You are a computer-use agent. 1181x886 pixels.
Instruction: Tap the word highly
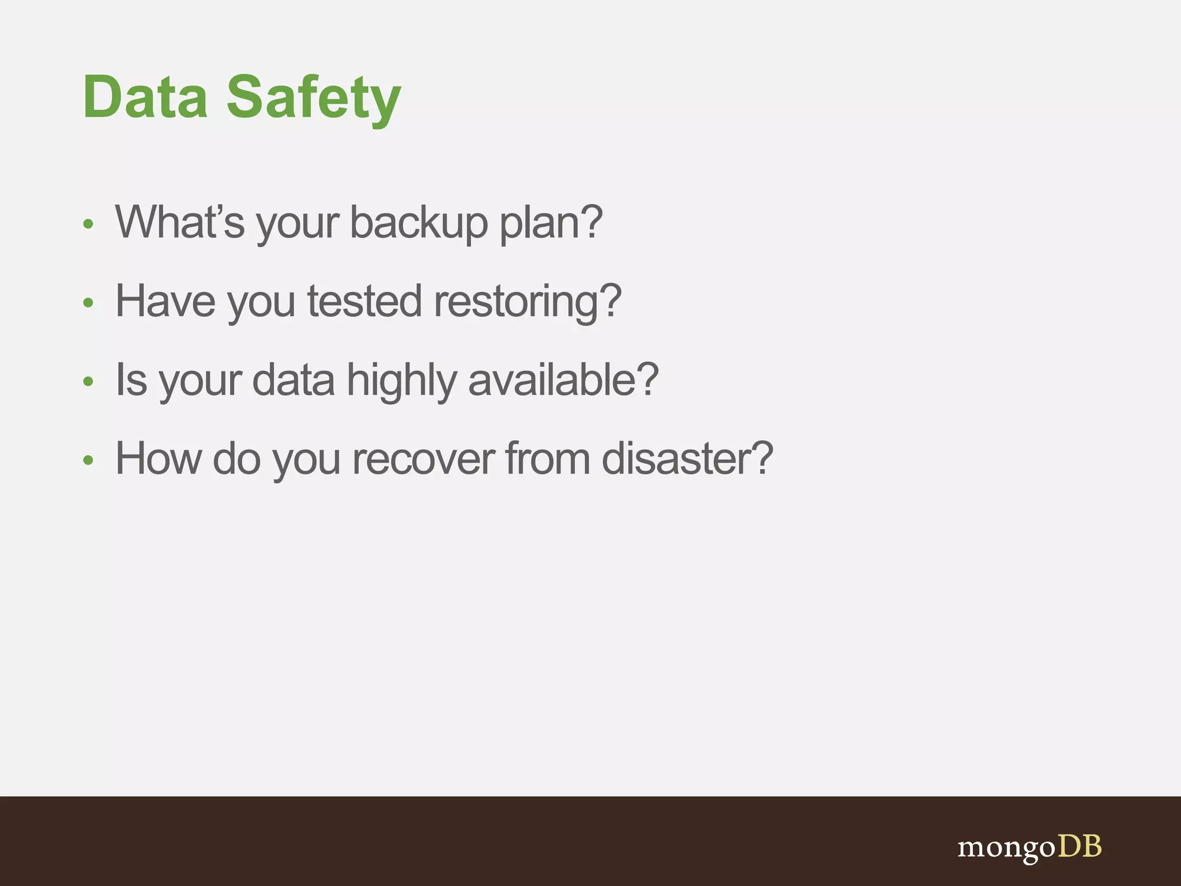(402, 381)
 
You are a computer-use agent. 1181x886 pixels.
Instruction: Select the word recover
(423, 459)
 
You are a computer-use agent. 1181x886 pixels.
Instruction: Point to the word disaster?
(687, 459)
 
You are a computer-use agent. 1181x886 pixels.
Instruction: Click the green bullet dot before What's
(88, 224)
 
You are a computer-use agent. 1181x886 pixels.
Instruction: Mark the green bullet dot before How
(88, 460)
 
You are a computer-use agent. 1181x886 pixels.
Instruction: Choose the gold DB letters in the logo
(1079, 846)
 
